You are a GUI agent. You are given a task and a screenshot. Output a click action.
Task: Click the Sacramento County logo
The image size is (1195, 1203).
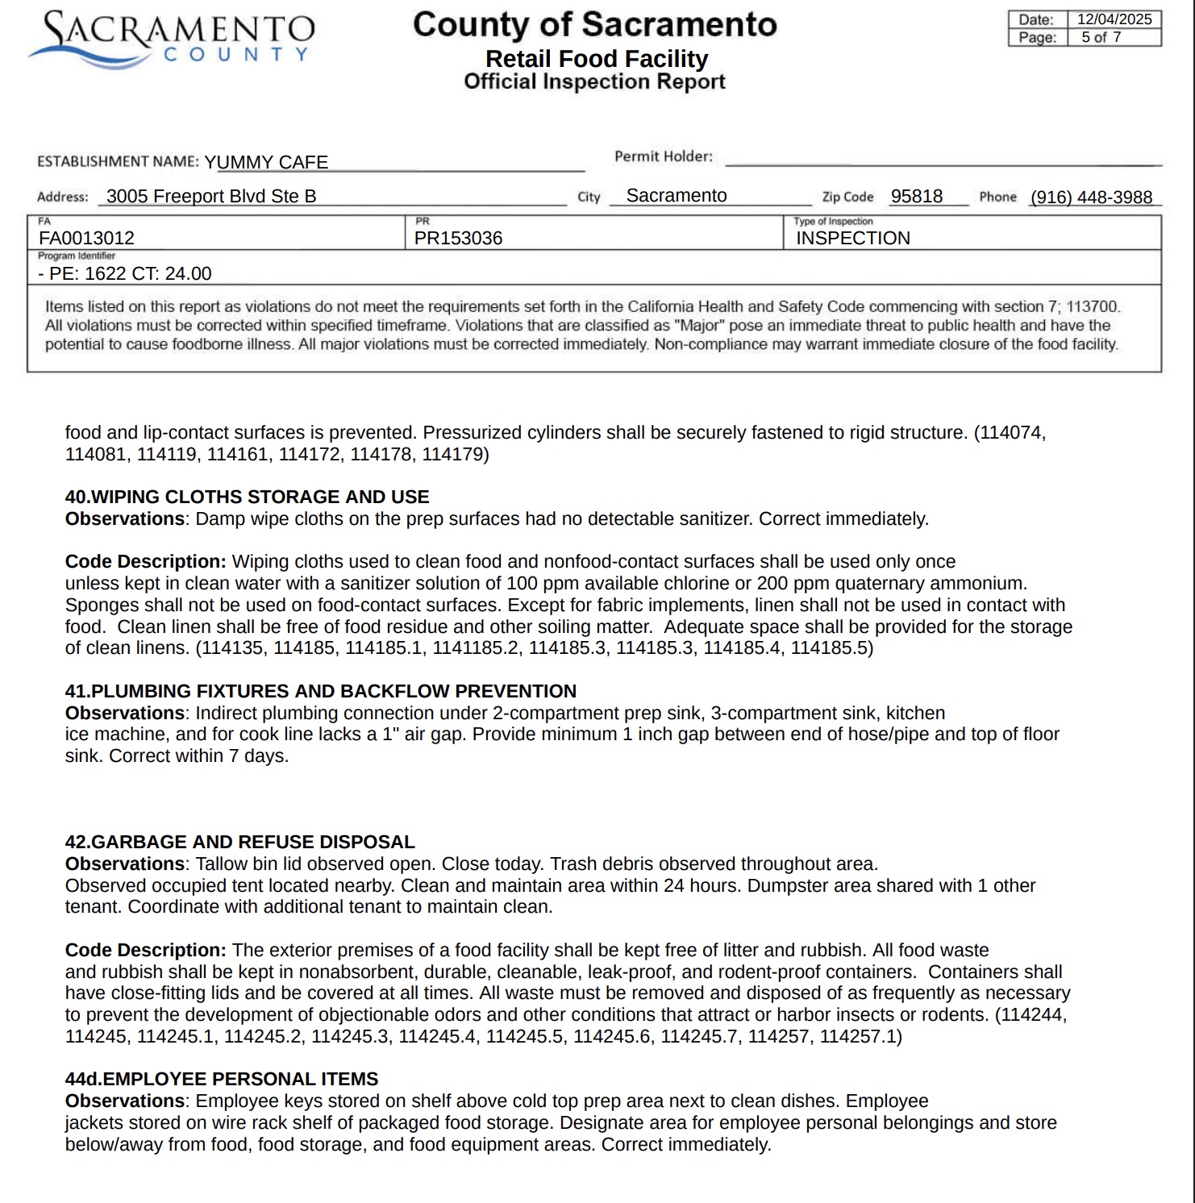click(x=172, y=38)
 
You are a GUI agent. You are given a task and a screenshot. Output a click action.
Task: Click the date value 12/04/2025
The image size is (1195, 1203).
click(x=1114, y=19)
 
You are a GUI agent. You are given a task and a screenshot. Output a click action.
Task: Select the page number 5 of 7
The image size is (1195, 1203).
click(x=1101, y=37)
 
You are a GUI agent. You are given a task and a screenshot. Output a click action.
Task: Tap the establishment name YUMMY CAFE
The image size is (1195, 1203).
click(x=266, y=162)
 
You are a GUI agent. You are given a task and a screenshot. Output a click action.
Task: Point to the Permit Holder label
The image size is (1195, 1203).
click(x=663, y=156)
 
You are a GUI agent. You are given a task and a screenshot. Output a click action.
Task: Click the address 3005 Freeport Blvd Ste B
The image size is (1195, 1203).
click(x=211, y=196)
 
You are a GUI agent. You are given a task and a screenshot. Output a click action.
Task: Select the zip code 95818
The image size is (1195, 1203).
click(x=916, y=196)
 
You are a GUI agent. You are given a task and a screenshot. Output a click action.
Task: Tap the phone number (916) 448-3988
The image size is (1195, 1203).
click(x=1091, y=197)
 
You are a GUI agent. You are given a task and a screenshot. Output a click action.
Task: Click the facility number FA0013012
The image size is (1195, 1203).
click(x=86, y=238)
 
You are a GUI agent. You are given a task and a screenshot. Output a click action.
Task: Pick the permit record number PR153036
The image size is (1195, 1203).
click(x=458, y=238)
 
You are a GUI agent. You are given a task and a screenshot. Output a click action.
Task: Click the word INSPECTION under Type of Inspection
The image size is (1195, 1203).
click(x=852, y=238)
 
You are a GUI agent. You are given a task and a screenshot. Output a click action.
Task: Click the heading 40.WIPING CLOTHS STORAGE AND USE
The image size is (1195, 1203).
click(x=247, y=497)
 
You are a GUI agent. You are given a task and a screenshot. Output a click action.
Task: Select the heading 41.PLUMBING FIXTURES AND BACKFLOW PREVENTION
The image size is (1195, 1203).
click(x=320, y=691)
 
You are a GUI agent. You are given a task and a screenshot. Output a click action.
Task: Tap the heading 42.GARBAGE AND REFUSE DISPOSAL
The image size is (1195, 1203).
click(x=239, y=842)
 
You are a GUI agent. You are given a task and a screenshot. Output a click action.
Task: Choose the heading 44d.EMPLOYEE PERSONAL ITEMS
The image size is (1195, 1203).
click(x=221, y=1079)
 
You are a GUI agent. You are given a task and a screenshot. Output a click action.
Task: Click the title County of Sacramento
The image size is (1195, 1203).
click(x=594, y=24)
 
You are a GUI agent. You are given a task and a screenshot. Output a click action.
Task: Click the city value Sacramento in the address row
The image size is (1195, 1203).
click(x=676, y=195)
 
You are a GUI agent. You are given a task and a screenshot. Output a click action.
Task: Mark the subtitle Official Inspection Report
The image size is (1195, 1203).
click(x=594, y=81)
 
